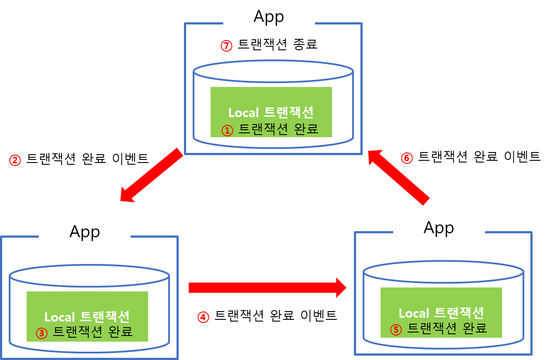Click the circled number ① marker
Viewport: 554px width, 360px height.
[x=227, y=130]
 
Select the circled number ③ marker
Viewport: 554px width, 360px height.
[x=41, y=333]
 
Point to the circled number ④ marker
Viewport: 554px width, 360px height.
[x=203, y=317]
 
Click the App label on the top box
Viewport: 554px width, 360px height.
[x=269, y=17]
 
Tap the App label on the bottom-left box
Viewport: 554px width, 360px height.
[x=84, y=231]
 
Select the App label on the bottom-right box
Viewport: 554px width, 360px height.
[x=439, y=227]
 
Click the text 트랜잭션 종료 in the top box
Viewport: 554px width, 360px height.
[x=277, y=45]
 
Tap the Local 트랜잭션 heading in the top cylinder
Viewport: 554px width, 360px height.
[x=271, y=113]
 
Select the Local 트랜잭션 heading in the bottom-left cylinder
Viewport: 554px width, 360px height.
[x=87, y=317]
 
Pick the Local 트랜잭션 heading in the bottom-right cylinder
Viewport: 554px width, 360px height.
[x=441, y=313]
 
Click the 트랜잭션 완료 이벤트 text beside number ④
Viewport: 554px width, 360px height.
[x=276, y=316]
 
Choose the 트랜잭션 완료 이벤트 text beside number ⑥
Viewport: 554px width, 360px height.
[x=479, y=157]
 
